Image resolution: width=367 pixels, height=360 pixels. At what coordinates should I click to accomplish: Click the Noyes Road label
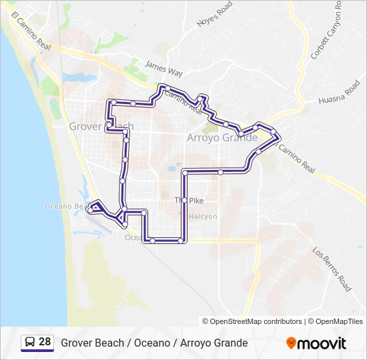coord(215,14)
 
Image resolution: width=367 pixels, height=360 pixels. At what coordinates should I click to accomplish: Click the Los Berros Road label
coord(332,269)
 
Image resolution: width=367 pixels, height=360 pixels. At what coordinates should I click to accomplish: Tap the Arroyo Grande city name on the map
coord(222,138)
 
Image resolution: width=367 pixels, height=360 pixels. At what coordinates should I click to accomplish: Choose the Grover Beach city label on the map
coord(101,126)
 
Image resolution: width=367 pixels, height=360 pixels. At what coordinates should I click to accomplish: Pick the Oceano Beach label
coord(67,206)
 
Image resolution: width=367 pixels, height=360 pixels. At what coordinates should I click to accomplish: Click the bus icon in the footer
coord(30,343)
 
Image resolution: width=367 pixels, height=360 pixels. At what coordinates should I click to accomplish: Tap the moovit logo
coord(316,343)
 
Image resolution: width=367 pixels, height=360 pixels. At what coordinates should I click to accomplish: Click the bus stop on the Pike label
coord(185,200)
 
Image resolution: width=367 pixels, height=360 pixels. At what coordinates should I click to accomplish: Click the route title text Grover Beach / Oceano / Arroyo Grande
coord(154,343)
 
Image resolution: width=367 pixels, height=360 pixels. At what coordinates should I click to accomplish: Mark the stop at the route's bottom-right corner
coord(181,241)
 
